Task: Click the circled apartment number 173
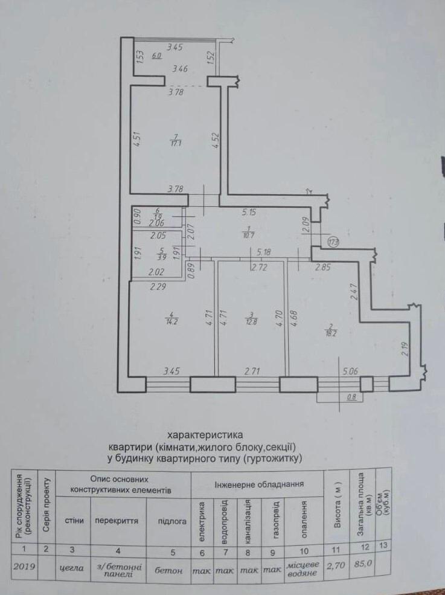333,242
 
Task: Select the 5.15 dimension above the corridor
251,213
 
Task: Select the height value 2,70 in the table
338,567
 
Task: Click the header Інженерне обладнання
259,484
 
